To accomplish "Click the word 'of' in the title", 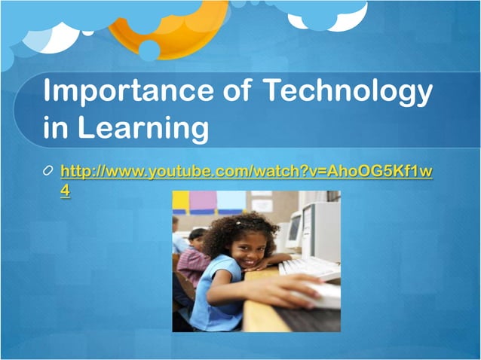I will [x=234, y=93].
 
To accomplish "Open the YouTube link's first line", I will [x=246, y=172].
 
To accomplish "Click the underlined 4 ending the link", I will [x=66, y=191].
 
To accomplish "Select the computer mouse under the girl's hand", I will [x=321, y=294].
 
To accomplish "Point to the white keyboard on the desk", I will [x=309, y=267].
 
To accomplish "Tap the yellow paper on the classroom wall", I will [x=180, y=200].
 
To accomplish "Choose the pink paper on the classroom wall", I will [x=202, y=201].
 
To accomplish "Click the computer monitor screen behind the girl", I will [x=293, y=230].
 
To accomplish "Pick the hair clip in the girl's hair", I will [x=240, y=222].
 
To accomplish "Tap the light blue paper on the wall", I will [x=230, y=200].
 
